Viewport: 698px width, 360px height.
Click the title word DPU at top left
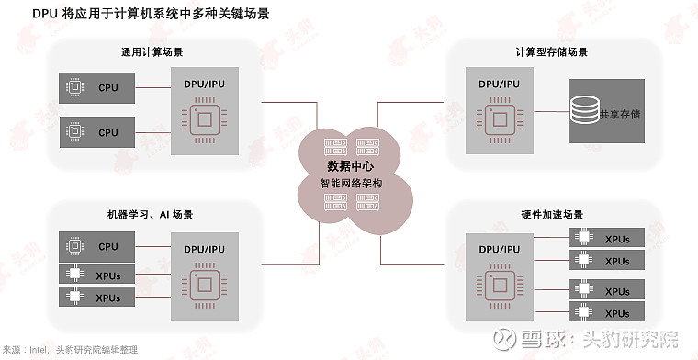tap(20, 14)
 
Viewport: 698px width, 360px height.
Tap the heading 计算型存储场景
tap(552, 51)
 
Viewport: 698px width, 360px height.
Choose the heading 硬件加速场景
tap(552, 214)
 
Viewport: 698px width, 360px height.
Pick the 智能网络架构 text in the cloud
tap(351, 183)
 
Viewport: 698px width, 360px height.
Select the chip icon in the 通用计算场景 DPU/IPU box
tap(204, 123)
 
